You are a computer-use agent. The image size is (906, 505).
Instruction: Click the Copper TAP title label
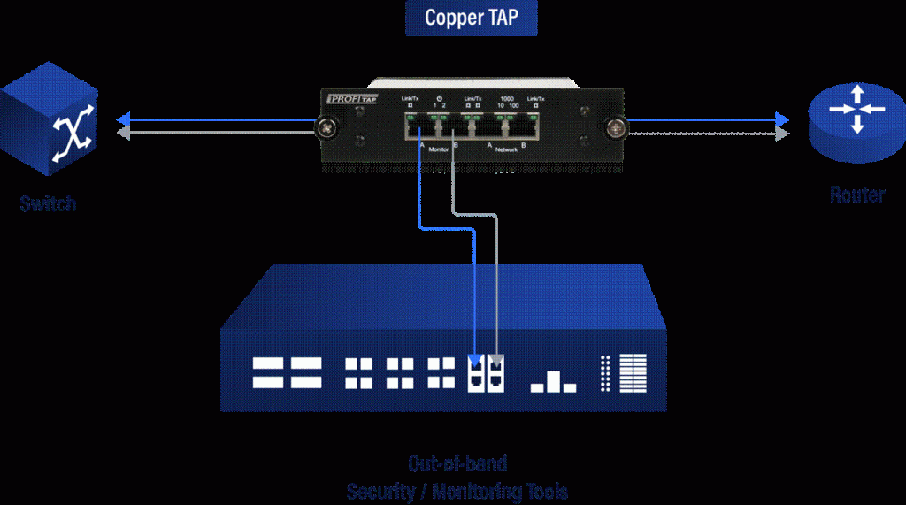tap(471, 18)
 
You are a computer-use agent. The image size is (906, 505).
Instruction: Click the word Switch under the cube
tap(48, 203)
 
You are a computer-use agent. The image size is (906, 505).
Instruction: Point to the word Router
tap(856, 195)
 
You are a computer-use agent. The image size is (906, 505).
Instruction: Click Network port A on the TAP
tap(480, 129)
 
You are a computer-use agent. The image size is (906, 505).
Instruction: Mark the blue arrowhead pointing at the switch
tap(124, 119)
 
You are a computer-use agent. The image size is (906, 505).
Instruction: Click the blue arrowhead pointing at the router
tap(781, 119)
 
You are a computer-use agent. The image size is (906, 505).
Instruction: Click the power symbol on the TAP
tap(440, 97)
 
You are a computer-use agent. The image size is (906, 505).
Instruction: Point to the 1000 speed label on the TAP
tap(506, 97)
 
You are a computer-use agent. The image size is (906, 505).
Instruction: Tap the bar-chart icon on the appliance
tap(553, 382)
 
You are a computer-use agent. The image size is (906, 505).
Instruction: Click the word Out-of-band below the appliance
tap(457, 463)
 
